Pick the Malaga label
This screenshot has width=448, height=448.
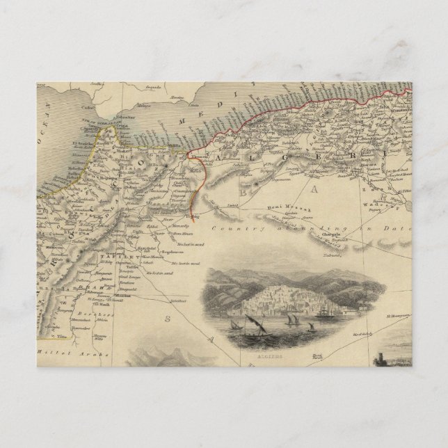point(143,106)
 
